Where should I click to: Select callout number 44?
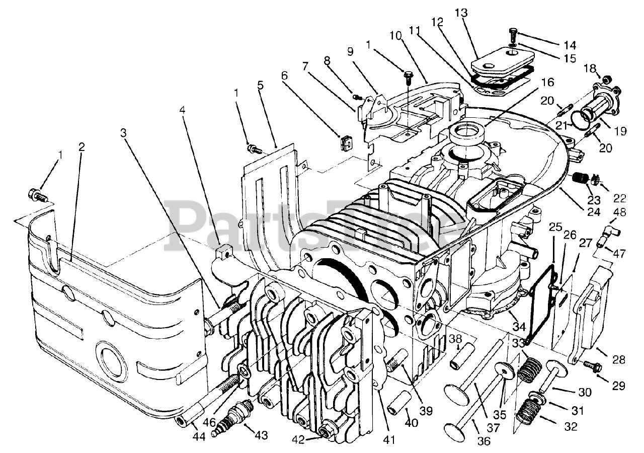pos(199,438)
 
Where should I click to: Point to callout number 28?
pos(618,359)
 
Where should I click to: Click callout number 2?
pos(81,146)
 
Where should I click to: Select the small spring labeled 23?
pos(582,179)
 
